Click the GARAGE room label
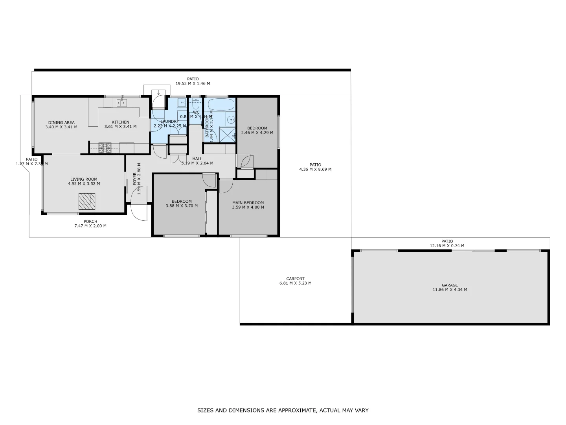click(x=450, y=285)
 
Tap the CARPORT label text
click(x=295, y=279)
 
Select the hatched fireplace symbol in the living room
click(x=86, y=201)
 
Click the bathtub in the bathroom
click(x=220, y=105)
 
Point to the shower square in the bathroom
click(x=227, y=134)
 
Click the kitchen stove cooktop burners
click(x=105, y=148)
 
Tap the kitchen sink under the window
click(x=121, y=103)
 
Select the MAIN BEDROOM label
click(x=248, y=203)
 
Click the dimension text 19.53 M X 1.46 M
click(x=193, y=83)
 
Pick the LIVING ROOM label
click(x=84, y=179)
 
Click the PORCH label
click(x=90, y=222)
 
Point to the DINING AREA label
click(x=61, y=122)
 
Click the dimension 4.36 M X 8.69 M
click(x=315, y=170)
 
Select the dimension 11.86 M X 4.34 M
click(x=450, y=290)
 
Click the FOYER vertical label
click(x=134, y=179)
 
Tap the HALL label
click(x=197, y=159)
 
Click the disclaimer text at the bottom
click(x=283, y=410)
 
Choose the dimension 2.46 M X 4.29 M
click(x=257, y=133)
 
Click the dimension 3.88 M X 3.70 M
click(x=182, y=206)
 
